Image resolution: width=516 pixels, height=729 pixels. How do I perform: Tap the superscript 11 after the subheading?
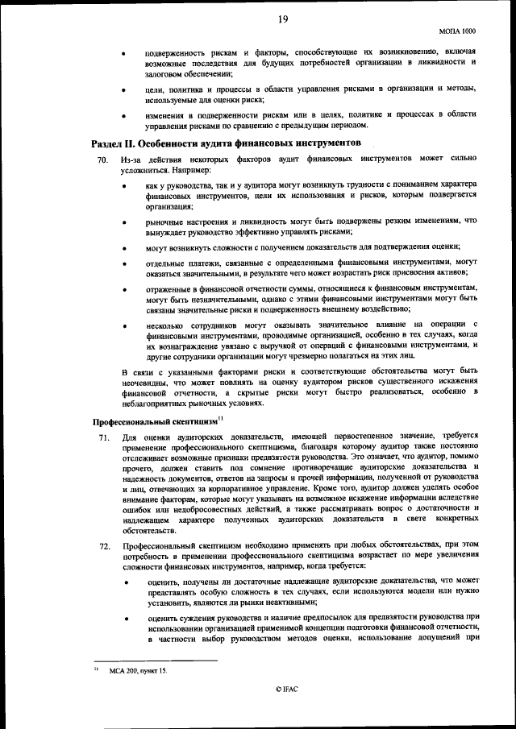coord(221,416)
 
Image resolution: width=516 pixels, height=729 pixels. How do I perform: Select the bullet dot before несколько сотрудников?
coord(123,325)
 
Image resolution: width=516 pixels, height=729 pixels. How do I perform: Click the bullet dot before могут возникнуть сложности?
coord(123,247)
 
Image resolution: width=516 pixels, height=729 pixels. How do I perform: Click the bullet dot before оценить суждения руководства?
coord(123,618)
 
